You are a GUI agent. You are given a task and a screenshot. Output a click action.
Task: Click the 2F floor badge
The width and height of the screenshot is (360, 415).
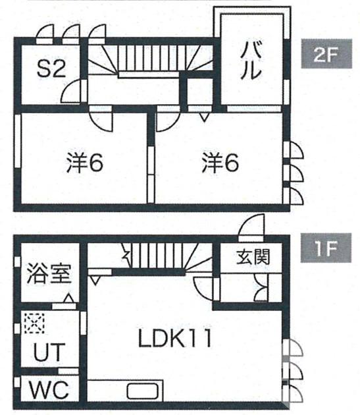[x=323, y=55]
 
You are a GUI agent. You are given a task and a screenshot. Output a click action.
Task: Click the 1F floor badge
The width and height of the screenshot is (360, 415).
[x=323, y=250]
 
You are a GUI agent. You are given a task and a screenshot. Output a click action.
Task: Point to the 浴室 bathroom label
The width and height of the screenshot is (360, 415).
[x=48, y=273]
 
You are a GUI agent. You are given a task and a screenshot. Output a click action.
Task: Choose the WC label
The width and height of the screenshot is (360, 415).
[x=48, y=389]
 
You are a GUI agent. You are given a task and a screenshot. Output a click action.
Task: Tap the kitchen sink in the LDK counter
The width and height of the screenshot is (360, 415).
[x=141, y=391]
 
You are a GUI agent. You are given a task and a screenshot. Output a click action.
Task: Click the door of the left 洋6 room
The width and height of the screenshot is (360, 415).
[x=101, y=119]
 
